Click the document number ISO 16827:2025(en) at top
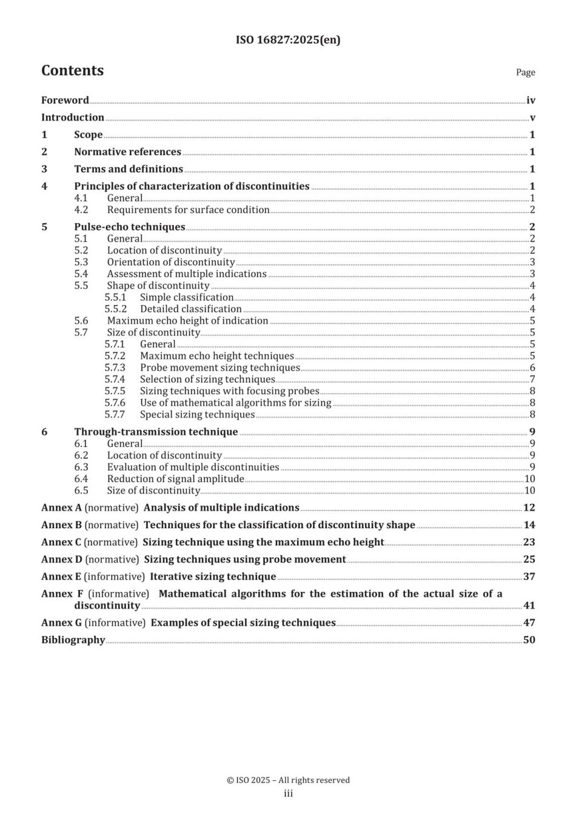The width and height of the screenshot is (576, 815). coord(288,40)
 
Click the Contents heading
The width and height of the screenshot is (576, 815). coord(72,71)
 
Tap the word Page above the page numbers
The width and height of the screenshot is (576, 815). coord(525,72)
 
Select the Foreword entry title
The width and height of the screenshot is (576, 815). coord(65,101)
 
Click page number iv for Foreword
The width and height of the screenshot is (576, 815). coord(531,101)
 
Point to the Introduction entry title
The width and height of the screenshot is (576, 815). coord(73,118)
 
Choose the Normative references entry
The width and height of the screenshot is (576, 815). coord(127,152)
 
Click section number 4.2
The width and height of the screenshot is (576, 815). coord(81,210)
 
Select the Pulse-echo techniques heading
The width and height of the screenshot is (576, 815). coord(130,227)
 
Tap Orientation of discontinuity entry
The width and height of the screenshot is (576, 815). coord(171,263)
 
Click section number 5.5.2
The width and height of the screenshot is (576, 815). coord(115,309)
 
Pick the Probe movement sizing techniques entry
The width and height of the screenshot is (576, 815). coord(220,368)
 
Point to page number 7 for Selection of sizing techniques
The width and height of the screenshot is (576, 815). coord(532,380)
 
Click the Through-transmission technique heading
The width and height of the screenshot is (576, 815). coord(156,432)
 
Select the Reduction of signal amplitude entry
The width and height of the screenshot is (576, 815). coord(175,479)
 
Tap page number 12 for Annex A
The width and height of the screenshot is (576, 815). coord(529,508)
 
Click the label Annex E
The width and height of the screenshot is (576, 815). coord(61,577)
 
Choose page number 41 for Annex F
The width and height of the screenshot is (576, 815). coord(529,606)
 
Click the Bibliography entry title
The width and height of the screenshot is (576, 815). coord(73,640)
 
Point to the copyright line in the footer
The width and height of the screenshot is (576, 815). coord(288,780)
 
